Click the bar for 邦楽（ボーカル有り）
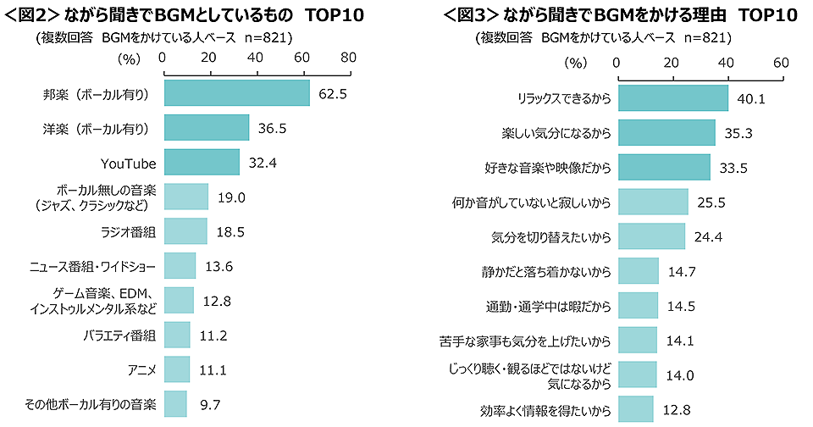click(x=236, y=93)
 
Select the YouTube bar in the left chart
click(x=202, y=163)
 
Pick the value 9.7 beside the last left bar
click(x=209, y=405)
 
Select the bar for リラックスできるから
click(x=673, y=98)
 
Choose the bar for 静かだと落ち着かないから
click(x=639, y=271)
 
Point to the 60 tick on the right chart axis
click(x=780, y=63)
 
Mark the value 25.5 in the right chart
click(x=711, y=202)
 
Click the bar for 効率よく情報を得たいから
click(x=636, y=409)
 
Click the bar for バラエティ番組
click(x=176, y=335)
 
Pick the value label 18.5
click(x=230, y=232)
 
